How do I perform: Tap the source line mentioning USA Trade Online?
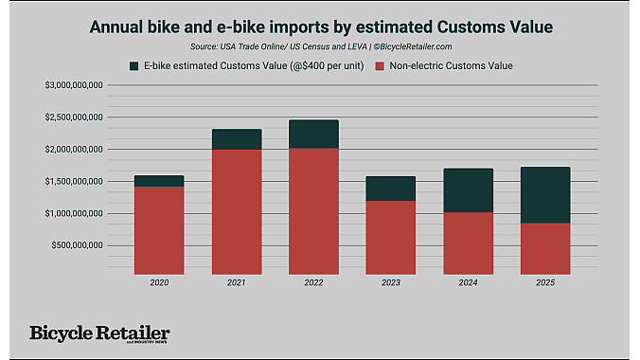[320, 45]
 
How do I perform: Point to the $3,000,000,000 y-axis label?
[74, 85]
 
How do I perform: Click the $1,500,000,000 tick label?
[74, 181]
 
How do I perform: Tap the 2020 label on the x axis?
[159, 282]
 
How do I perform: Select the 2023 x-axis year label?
[391, 282]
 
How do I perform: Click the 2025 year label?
[545, 282]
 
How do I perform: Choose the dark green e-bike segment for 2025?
[545, 195]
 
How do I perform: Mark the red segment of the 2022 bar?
[313, 209]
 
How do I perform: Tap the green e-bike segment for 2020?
[159, 181]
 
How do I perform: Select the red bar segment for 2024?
[468, 242]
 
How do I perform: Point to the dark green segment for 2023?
[391, 189]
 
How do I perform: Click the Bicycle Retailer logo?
[99, 333]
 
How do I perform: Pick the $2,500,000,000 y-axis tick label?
[74, 117]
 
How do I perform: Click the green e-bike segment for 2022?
[313, 134]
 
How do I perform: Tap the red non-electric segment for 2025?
[545, 247]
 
